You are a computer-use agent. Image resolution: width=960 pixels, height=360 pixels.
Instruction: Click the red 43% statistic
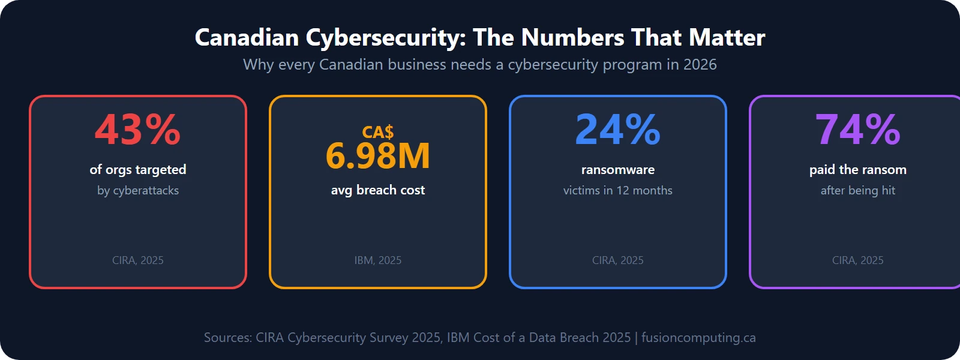click(x=137, y=130)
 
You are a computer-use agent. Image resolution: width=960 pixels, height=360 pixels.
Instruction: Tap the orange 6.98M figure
click(x=377, y=156)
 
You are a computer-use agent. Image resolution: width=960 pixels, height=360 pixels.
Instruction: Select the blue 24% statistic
click(x=617, y=130)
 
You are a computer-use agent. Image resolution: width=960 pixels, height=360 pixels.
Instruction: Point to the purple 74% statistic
click(x=857, y=130)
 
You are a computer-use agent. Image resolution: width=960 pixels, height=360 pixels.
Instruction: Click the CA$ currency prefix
click(x=377, y=132)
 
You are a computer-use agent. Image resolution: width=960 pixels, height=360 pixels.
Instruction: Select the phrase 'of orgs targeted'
click(x=137, y=170)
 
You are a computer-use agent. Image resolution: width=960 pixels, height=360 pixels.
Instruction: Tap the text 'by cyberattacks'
click(x=137, y=191)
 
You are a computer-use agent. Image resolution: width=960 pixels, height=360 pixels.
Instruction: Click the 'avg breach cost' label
click(x=377, y=190)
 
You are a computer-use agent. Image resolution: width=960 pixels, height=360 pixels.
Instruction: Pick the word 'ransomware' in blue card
click(x=617, y=170)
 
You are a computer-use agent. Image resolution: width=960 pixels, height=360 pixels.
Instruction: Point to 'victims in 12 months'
click(x=617, y=191)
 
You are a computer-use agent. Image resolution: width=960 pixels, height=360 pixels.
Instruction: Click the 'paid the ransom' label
click(x=857, y=170)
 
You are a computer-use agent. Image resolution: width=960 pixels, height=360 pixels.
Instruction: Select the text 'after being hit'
click(x=857, y=191)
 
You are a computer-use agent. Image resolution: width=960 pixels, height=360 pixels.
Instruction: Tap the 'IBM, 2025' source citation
click(x=377, y=260)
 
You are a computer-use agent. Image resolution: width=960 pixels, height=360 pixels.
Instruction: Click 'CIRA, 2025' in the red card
click(x=137, y=260)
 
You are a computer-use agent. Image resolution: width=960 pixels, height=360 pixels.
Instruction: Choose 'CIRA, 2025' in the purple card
click(x=857, y=260)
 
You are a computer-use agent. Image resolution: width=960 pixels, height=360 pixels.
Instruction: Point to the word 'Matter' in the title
click(x=727, y=38)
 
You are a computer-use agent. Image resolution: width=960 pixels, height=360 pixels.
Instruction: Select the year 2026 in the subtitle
click(x=700, y=65)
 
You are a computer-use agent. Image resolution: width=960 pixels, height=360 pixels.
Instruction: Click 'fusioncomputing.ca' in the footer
click(x=698, y=338)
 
